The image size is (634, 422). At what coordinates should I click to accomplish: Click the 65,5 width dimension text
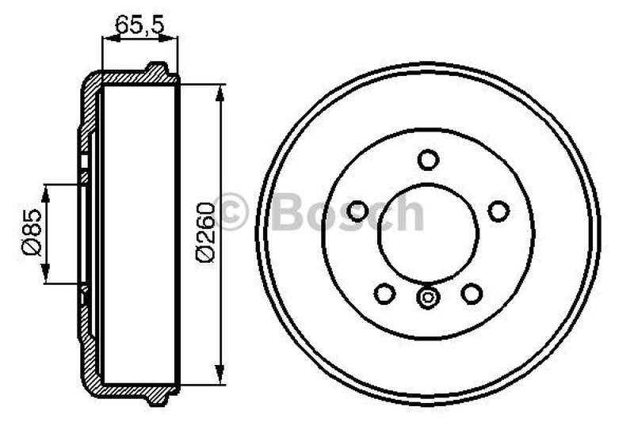139,25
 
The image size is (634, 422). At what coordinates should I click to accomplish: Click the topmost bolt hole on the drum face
428,159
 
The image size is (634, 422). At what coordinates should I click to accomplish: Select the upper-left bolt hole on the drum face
358,211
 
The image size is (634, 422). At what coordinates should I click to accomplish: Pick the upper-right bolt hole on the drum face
498,211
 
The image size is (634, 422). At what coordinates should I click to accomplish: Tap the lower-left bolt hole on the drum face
384,294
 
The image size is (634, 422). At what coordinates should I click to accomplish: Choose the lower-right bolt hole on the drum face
472,294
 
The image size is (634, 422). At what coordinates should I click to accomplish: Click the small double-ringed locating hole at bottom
428,299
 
